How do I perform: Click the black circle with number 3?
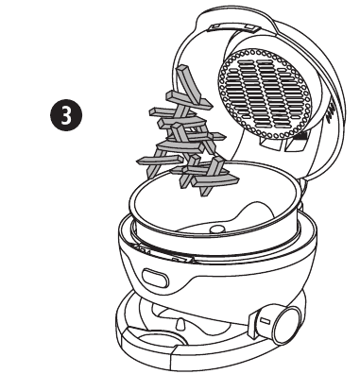66,115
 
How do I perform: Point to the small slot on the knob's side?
266,322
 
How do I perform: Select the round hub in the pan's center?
216,229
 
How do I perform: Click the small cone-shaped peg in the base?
181,324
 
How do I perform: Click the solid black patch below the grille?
301,136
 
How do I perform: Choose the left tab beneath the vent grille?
271,144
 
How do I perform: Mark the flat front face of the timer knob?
289,326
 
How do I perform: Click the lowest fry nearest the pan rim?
215,180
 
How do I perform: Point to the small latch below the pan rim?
182,260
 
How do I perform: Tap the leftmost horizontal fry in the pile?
160,161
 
